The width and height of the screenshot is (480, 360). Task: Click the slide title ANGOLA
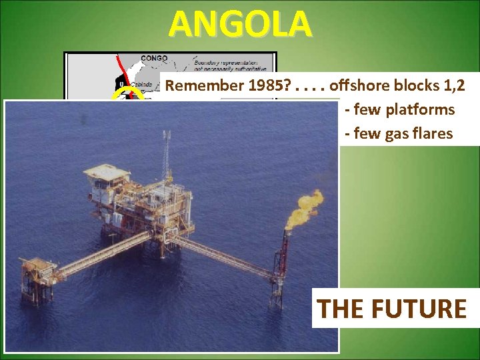click(240, 25)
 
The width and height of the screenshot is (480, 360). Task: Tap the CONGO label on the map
click(154, 58)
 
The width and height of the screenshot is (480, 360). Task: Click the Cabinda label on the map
click(141, 85)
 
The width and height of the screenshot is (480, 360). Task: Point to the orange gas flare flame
click(303, 208)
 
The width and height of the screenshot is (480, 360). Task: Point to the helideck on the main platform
click(107, 173)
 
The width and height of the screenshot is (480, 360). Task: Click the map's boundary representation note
click(229, 63)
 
